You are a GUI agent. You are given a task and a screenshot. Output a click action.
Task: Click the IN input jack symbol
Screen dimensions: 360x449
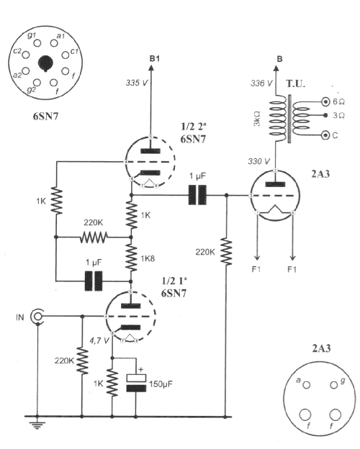click(x=37, y=317)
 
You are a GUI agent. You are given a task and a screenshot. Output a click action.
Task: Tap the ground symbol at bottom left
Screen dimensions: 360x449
click(x=37, y=424)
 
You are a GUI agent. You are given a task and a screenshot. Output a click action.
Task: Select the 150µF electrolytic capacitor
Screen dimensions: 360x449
click(x=136, y=383)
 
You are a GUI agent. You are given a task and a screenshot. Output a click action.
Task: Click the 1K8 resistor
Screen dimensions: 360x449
click(x=131, y=258)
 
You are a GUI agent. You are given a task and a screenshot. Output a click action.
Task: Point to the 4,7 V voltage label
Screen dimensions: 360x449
click(x=99, y=341)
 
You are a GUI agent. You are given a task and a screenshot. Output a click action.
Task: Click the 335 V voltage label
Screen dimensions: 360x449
click(x=137, y=83)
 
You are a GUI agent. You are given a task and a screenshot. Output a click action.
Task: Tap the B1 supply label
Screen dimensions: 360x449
click(x=155, y=59)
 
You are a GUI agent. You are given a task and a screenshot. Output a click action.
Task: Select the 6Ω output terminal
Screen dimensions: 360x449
click(x=325, y=101)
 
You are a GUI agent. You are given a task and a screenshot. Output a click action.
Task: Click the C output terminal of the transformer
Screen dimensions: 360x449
click(x=325, y=135)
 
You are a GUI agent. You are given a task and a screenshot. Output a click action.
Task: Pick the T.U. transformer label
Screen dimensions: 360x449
click(x=295, y=83)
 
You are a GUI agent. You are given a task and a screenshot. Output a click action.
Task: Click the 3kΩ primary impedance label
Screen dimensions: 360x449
click(x=257, y=119)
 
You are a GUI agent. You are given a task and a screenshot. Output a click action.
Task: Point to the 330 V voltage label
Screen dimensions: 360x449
click(x=258, y=161)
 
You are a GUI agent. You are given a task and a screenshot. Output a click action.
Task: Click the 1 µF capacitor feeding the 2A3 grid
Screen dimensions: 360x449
click(x=197, y=195)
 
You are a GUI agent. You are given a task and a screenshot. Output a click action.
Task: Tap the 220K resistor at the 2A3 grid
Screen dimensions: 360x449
click(x=226, y=252)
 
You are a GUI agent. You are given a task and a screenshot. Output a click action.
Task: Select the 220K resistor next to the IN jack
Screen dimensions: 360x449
click(x=83, y=360)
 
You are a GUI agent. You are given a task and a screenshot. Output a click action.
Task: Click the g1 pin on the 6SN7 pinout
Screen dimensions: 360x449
click(x=37, y=43)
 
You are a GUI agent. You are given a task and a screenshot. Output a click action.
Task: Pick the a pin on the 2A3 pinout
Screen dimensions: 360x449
click(x=306, y=385)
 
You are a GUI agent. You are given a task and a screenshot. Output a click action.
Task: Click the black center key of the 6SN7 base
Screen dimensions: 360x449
click(x=45, y=63)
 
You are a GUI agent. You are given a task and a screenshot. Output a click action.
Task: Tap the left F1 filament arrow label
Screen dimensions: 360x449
click(x=256, y=269)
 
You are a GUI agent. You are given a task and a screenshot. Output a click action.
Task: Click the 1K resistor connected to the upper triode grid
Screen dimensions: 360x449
click(x=56, y=201)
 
